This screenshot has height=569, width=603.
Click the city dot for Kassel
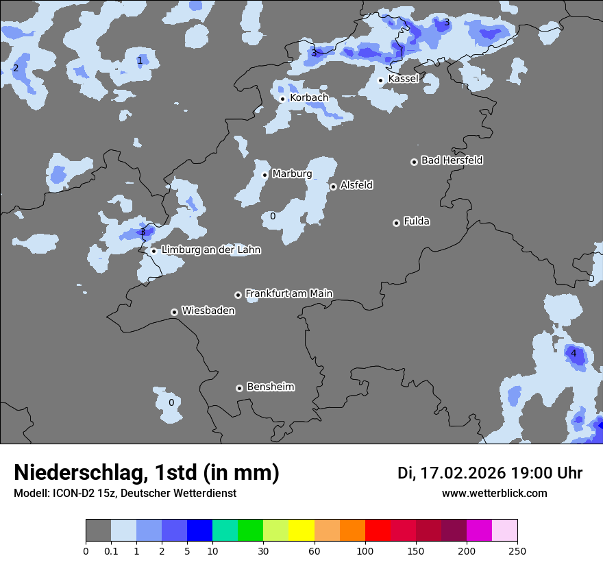pos(380,80)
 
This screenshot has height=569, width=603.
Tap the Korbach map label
pos(309,98)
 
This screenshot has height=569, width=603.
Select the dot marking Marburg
pos(265,175)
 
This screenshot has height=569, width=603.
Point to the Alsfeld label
pos(356,185)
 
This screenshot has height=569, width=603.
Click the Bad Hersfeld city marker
pos(414,162)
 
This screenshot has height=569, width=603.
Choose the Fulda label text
pos(417,221)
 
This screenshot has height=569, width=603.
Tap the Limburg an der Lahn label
pos(211,250)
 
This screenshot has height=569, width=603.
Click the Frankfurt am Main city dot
pos(238,295)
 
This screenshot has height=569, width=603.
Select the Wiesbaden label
pos(208,311)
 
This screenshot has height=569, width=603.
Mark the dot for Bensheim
pos(239,388)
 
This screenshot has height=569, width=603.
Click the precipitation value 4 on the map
pos(574,354)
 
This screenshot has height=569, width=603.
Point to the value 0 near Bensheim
pos(171,403)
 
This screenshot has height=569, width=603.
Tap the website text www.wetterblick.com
pos(495,493)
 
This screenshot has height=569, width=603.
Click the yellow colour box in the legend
pos(301,531)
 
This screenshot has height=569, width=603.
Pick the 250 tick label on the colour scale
pos(517,550)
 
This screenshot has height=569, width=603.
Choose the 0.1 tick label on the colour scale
pos(110,550)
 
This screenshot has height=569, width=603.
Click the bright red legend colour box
pos(378,531)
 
